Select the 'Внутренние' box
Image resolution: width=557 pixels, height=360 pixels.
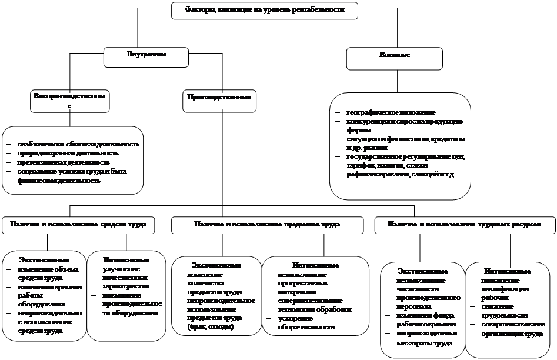coord(146,55)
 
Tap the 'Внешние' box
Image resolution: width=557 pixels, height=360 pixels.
coord(395,55)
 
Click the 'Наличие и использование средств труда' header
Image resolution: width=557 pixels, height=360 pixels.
coord(78,225)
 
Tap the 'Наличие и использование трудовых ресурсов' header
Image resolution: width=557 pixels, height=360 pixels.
coord(463,225)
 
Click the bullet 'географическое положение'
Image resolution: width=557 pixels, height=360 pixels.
coord(391,112)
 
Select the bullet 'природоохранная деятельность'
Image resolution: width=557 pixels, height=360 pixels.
coord(68,154)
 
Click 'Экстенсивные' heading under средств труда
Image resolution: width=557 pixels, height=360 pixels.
coord(44,259)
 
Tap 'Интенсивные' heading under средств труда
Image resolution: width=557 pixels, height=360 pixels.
coord(125,259)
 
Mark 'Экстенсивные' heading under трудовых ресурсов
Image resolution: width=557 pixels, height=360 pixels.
coord(422,271)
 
